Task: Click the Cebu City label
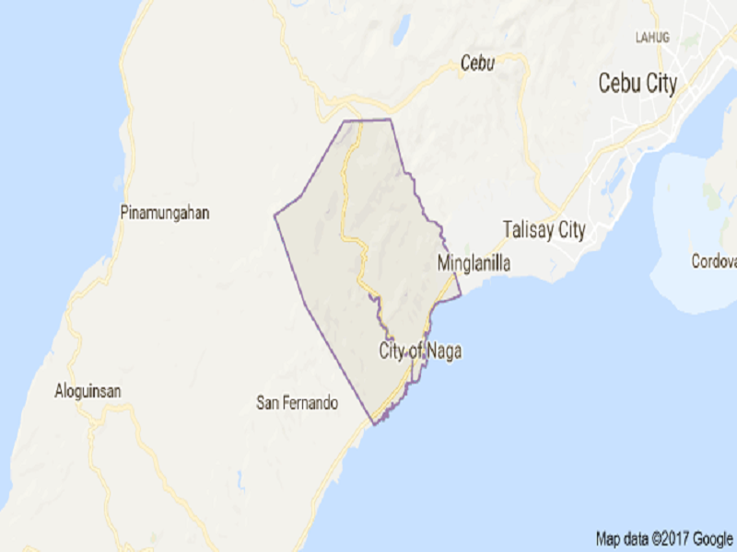click(638, 84)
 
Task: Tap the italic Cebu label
click(478, 63)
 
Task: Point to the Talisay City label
click(544, 230)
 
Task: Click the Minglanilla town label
click(473, 264)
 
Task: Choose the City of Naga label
click(420, 351)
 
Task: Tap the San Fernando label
click(298, 403)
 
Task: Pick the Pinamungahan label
click(165, 213)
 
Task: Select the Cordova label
click(715, 261)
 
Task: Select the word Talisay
click(528, 230)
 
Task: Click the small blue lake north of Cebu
click(401, 30)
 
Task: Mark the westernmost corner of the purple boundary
click(275, 216)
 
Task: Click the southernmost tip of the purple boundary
click(375, 423)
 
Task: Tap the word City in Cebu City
click(659, 84)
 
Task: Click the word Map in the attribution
click(608, 538)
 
